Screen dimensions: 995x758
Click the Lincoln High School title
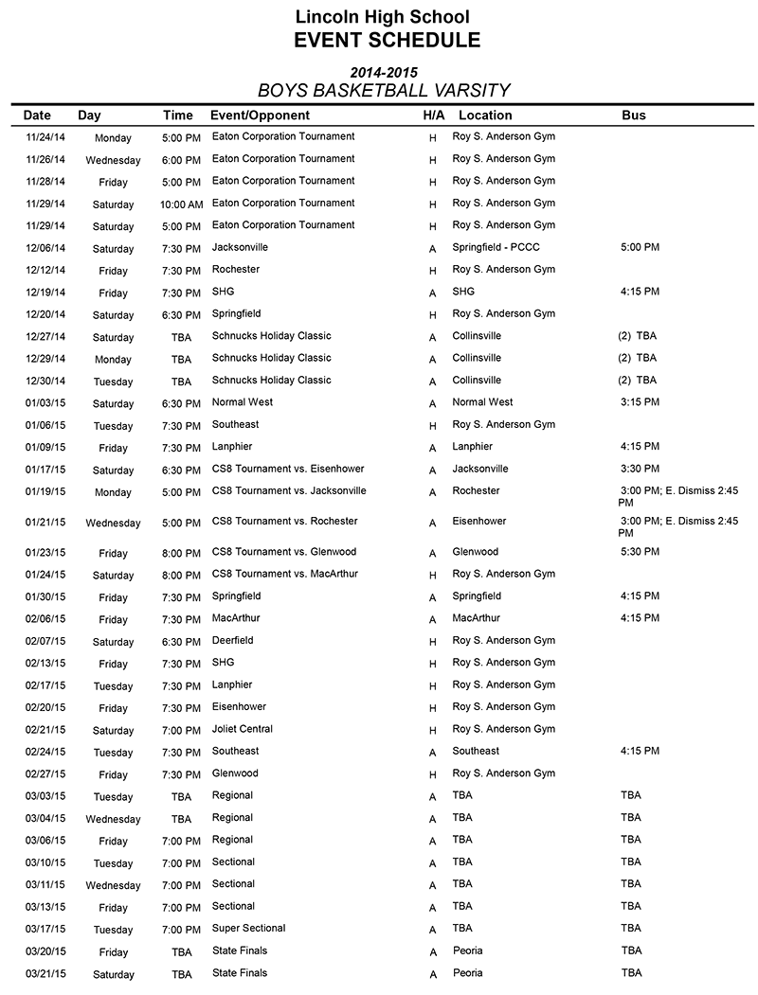click(x=382, y=16)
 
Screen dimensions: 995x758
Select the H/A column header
click(x=434, y=115)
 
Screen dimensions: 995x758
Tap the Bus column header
click(x=634, y=115)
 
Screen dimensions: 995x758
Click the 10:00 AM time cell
click(x=181, y=204)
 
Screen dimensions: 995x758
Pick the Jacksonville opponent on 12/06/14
click(x=240, y=247)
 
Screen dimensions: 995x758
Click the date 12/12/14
click(x=45, y=271)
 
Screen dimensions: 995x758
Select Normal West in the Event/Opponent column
click(x=243, y=402)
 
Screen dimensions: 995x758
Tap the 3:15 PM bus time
click(x=640, y=402)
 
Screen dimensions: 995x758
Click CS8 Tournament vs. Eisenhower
click(x=288, y=469)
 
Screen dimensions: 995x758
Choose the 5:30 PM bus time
click(x=640, y=552)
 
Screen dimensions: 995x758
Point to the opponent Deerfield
click(x=233, y=641)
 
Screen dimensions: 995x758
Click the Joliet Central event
click(x=243, y=729)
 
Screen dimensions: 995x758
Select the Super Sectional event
click(x=248, y=929)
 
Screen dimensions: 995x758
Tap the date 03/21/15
click(x=45, y=974)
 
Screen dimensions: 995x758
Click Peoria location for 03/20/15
click(x=467, y=951)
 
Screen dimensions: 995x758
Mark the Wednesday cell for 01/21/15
click(x=113, y=524)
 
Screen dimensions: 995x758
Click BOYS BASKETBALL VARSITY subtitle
click(x=384, y=91)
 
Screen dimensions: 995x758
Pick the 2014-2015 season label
click(x=384, y=72)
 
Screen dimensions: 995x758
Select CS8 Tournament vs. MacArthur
click(x=284, y=574)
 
